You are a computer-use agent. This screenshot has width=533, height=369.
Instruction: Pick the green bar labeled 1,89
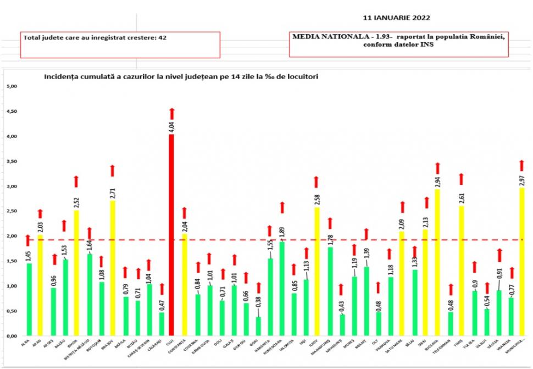click(283, 289)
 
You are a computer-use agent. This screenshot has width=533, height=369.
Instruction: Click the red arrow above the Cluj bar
click(171, 113)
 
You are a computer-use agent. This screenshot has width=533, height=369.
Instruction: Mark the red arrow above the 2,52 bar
click(76, 181)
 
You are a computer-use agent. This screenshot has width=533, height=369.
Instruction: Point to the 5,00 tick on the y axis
click(12, 86)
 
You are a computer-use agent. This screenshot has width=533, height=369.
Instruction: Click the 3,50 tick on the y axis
click(12, 161)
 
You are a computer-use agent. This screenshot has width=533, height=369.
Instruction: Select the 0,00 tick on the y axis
click(12, 335)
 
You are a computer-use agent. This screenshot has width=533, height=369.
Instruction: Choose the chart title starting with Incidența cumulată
click(181, 77)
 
